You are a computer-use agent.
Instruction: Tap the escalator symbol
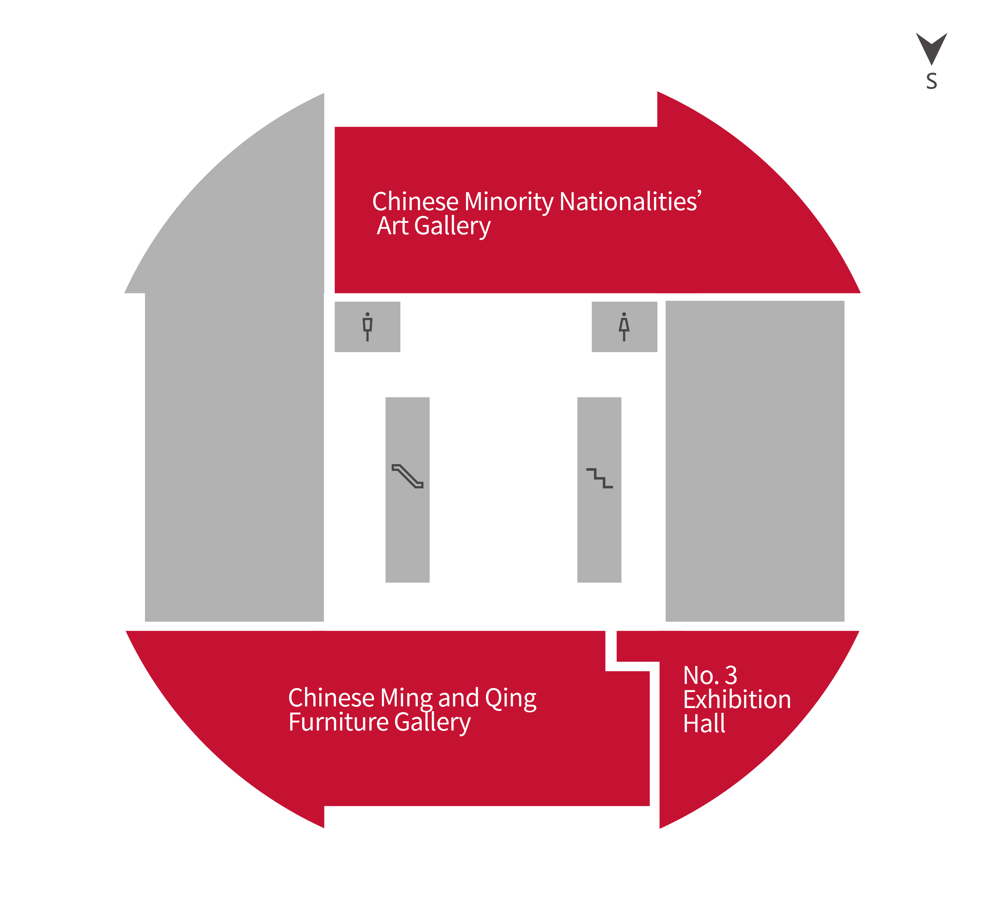point(407,476)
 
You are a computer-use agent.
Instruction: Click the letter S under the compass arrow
point(931,81)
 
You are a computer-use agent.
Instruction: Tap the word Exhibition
point(737,700)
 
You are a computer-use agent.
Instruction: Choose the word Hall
point(704,723)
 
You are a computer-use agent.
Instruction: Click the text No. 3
point(710,675)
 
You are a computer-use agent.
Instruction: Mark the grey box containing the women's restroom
point(624,327)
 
